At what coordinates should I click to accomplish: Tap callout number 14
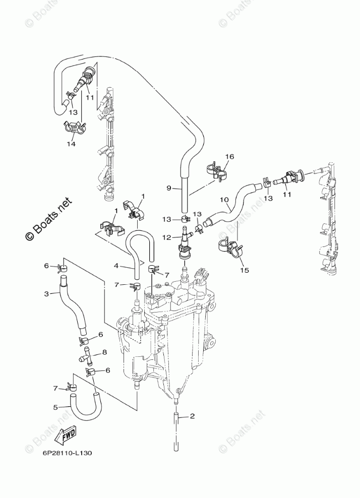point(72,144)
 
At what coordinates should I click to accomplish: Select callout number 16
point(229,157)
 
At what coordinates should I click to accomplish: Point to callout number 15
point(245,270)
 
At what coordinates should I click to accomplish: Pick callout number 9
point(169,189)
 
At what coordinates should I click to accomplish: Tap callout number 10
point(224,200)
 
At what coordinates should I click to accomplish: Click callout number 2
point(192,416)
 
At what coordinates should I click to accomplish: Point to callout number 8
point(104,352)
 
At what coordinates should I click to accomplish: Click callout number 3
point(46,294)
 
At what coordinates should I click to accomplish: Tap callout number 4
point(116,265)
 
